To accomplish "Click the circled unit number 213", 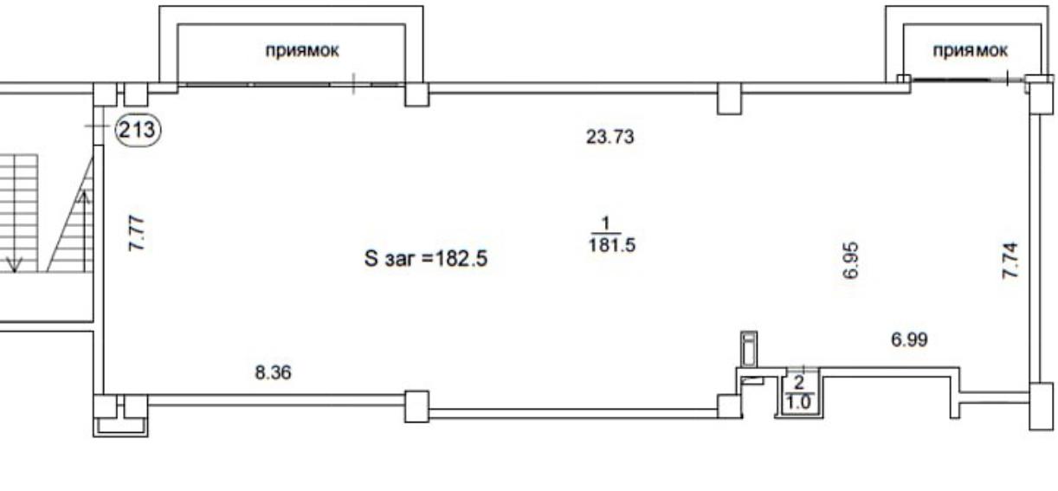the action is pos(137,130).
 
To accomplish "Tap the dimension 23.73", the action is pos(610,137).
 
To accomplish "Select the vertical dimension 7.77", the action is pos(137,233).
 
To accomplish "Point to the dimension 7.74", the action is pos(1010,260).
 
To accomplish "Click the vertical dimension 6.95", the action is pos(850,261).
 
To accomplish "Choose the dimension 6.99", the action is pos(909,339).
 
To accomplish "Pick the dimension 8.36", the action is pos(273,372).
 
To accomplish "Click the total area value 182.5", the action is pos(461,259).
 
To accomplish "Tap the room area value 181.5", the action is pos(611,245).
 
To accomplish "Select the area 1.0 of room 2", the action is pos(797,402).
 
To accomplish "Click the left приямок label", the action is pos(302,50).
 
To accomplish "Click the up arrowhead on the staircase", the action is pos(84,197).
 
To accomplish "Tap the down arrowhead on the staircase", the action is pos(14,265).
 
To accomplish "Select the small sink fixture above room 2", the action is pos(749,349).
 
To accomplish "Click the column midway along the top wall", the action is pos(729,99).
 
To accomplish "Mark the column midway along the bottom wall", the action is pos(416,406).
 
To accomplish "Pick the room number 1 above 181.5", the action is pos(605,223).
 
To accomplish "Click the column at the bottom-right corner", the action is pos(1041,405).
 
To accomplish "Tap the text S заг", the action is pos(391,259).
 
